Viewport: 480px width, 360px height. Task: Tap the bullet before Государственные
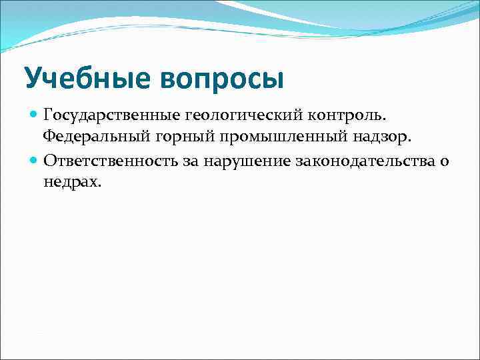(x=34, y=115)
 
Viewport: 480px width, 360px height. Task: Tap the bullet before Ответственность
(x=34, y=160)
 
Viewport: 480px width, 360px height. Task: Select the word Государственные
(x=105, y=116)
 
